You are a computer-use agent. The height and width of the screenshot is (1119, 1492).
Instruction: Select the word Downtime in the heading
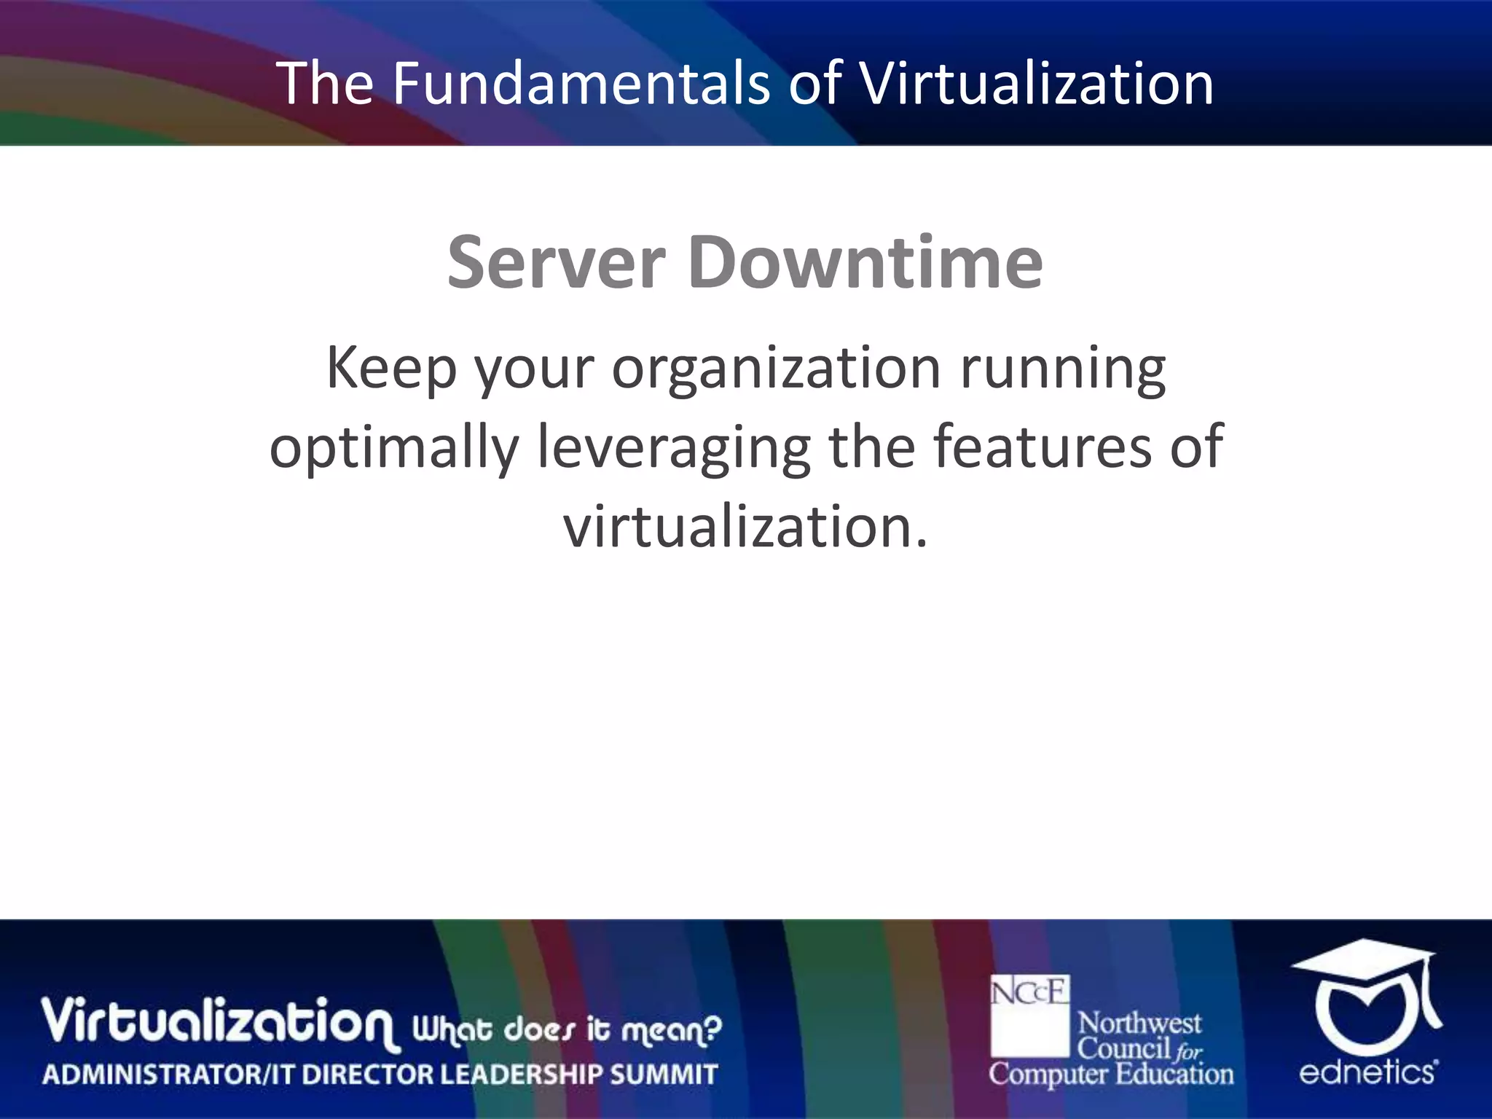tap(865, 262)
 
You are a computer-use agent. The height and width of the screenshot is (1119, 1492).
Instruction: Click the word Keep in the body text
tap(391, 369)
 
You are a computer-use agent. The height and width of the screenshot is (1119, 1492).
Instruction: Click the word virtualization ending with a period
tap(746, 526)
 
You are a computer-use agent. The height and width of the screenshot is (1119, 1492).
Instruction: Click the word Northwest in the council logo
tap(1139, 1024)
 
